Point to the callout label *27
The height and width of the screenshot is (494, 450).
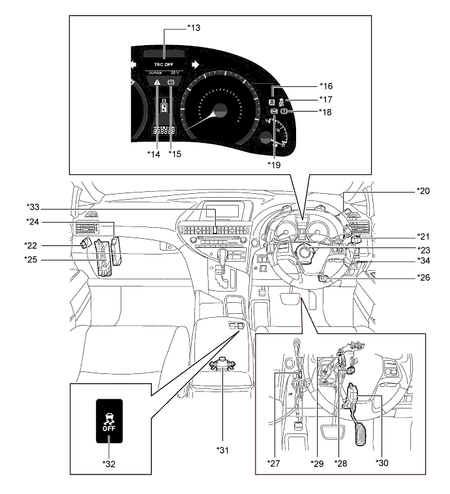point(275,463)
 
